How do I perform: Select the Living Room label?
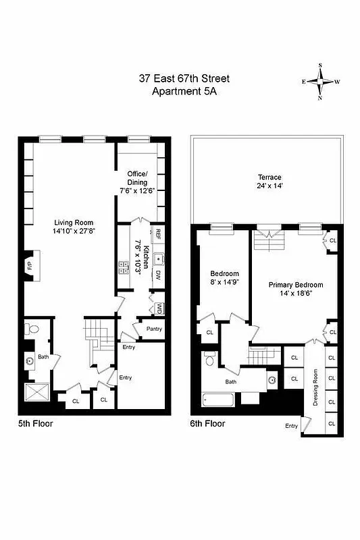[74, 223]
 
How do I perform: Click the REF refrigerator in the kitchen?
[157, 234]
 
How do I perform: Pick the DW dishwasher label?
[157, 274]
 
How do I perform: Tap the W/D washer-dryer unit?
[159, 308]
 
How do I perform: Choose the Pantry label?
[152, 329]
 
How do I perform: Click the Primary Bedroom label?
[295, 285]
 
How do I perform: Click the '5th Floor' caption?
[35, 424]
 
